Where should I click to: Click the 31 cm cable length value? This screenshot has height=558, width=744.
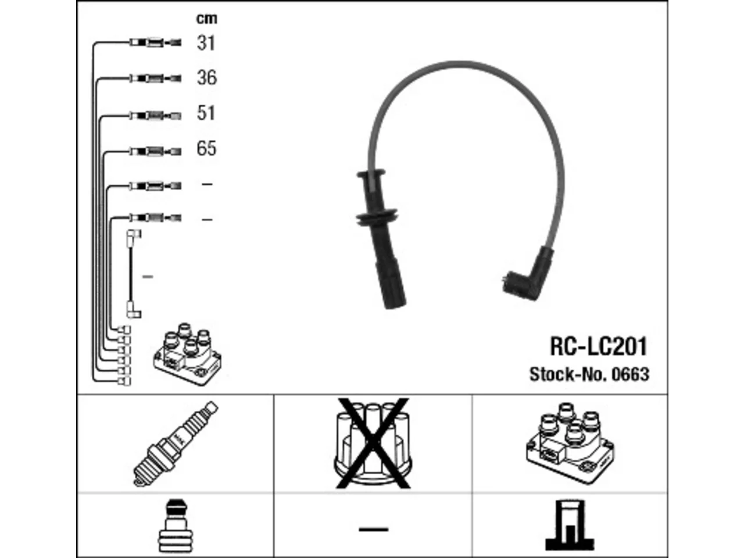(x=206, y=44)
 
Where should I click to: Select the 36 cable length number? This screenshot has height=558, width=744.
(x=207, y=78)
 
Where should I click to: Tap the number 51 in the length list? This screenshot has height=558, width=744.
(x=206, y=113)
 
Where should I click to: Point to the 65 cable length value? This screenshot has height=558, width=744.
(x=206, y=148)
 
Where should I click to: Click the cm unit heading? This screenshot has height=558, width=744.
(x=207, y=19)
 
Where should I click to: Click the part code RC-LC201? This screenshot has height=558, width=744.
(x=599, y=346)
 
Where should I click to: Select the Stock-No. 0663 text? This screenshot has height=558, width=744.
(x=589, y=374)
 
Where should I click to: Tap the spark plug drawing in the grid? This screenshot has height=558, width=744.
(x=175, y=444)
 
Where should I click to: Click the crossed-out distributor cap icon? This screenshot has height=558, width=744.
(x=373, y=443)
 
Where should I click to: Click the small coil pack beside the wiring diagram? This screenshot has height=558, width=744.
(x=187, y=355)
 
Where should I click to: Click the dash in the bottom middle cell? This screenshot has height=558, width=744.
(x=374, y=529)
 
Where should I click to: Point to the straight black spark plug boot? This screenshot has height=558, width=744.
(x=380, y=239)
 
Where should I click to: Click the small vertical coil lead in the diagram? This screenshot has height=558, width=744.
(x=134, y=274)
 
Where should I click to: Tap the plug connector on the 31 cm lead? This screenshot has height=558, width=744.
(x=156, y=42)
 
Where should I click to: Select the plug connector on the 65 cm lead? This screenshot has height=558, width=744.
(x=156, y=151)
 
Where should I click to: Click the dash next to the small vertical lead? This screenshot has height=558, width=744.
(x=148, y=277)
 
